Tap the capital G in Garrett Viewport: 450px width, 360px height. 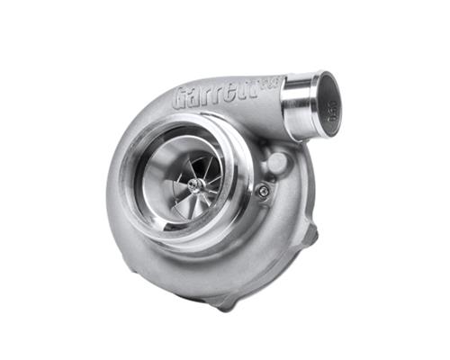click(x=182, y=98)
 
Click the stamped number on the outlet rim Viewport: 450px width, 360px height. click(x=333, y=115)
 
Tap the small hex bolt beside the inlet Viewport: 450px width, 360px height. click(x=263, y=190)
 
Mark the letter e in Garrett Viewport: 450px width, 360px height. click(x=233, y=91)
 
